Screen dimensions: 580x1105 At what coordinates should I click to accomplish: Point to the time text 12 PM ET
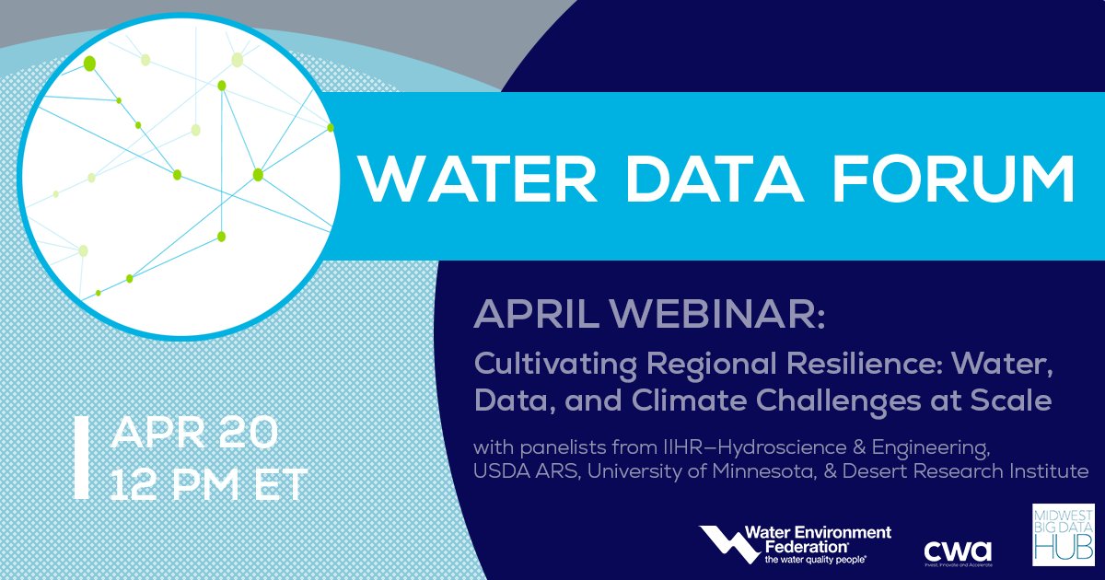point(208,483)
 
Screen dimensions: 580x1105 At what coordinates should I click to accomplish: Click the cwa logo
point(958,551)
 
